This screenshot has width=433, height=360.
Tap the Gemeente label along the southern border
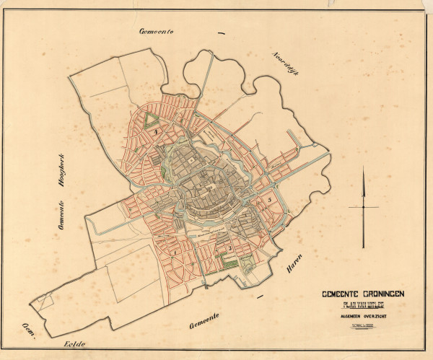(203, 326)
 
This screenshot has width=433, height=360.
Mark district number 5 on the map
(269, 198)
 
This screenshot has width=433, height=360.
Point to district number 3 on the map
(229, 248)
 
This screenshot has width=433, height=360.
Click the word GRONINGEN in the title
(377, 294)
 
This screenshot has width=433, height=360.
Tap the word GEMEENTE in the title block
(339, 294)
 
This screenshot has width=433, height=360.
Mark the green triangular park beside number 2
(151, 121)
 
